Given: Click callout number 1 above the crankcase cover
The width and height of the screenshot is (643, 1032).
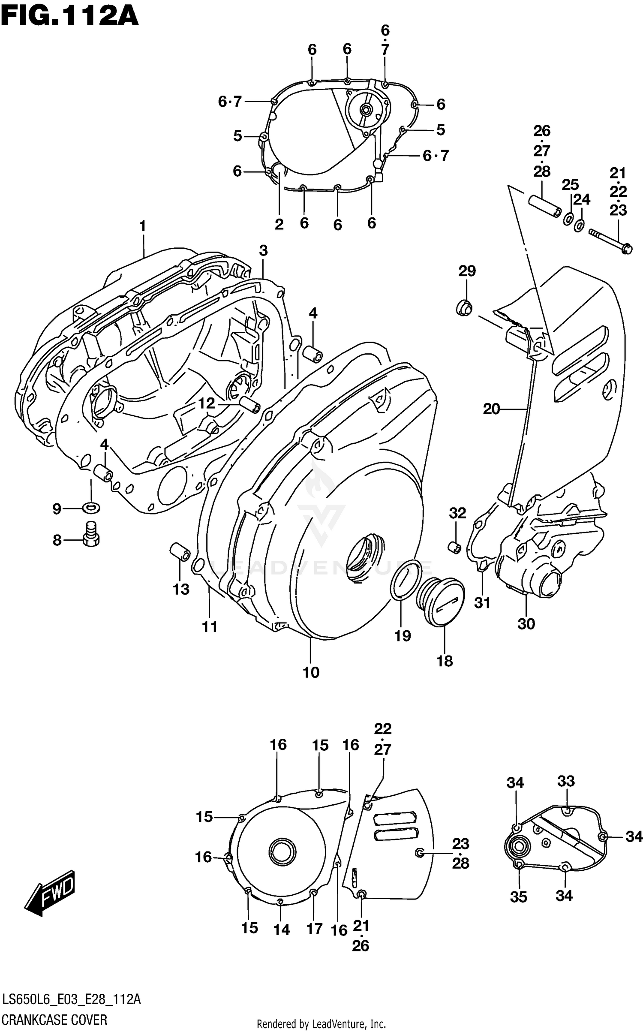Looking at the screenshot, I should [x=142, y=226].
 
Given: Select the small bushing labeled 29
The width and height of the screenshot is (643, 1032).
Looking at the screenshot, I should [x=464, y=308].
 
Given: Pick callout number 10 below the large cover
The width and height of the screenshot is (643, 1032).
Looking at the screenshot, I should [x=311, y=672].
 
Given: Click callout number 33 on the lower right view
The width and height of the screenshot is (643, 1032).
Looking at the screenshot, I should [x=565, y=781].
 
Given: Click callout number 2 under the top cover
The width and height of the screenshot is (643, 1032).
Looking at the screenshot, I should [x=279, y=224].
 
